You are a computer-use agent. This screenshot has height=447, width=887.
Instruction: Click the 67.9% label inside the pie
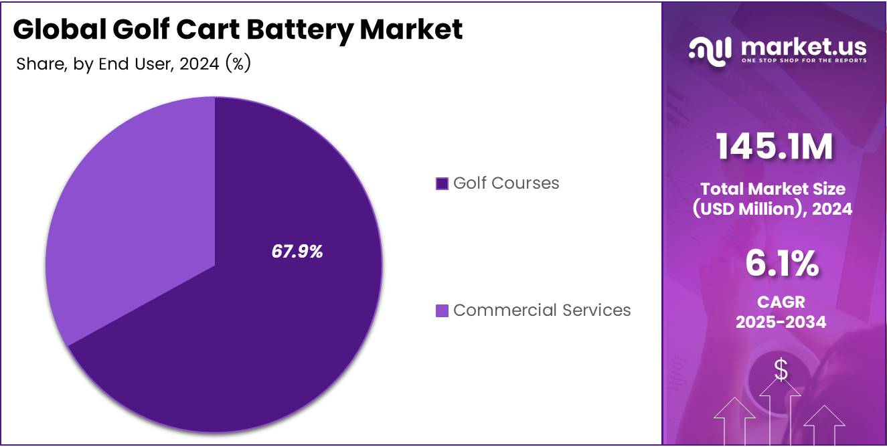(297, 252)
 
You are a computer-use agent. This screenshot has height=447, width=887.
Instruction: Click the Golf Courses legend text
(505, 183)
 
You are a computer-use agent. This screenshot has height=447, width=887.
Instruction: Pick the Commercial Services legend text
(542, 310)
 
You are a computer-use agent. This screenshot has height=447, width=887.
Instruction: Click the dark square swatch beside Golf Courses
(442, 183)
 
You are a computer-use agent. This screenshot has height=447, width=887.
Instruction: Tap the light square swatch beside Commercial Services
(442, 310)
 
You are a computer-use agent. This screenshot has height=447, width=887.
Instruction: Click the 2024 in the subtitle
(200, 64)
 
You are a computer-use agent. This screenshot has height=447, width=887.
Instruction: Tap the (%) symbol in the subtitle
(238, 64)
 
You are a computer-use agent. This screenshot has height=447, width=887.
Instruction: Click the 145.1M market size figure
(775, 147)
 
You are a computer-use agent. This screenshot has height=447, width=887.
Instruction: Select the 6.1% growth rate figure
(781, 264)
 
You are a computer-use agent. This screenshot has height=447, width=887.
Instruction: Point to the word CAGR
(781, 302)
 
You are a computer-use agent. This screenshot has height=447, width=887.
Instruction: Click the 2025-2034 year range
(781, 322)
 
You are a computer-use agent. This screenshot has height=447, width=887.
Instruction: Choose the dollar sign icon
(781, 369)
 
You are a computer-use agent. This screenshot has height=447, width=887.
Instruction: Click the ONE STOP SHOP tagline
(803, 61)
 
